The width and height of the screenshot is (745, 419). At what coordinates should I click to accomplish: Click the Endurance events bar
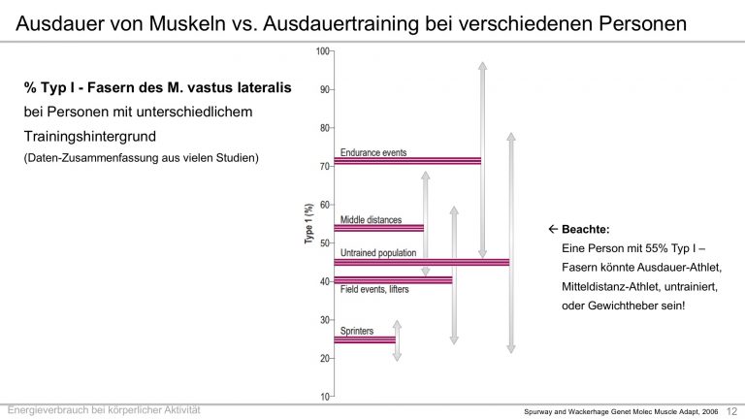[407, 161]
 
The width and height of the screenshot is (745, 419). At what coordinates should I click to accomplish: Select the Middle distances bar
[379, 229]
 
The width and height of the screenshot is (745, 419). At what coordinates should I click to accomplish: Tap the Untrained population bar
[422, 262]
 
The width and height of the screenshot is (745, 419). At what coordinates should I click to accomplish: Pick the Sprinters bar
[365, 339]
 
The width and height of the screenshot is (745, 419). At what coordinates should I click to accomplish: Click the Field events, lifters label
[374, 289]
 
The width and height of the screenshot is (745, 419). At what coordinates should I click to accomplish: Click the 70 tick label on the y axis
[325, 166]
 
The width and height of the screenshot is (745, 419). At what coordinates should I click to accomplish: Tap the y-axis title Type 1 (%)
[308, 224]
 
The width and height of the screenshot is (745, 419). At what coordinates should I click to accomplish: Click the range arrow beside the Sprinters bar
[397, 340]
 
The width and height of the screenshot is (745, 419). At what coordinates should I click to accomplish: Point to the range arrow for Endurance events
[483, 160]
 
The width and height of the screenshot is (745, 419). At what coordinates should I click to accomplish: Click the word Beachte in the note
[585, 230]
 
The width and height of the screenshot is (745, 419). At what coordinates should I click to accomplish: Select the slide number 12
[731, 411]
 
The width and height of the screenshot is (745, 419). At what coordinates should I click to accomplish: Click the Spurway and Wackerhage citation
[621, 412]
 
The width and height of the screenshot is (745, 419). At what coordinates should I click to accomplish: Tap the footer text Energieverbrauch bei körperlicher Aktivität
[104, 410]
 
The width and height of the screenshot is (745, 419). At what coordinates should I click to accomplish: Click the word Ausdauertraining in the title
[340, 23]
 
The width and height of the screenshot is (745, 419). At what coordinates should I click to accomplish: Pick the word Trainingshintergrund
[90, 137]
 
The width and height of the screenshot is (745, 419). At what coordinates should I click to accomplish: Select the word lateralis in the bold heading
[264, 88]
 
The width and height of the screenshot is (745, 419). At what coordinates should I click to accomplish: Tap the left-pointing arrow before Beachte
[553, 229]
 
